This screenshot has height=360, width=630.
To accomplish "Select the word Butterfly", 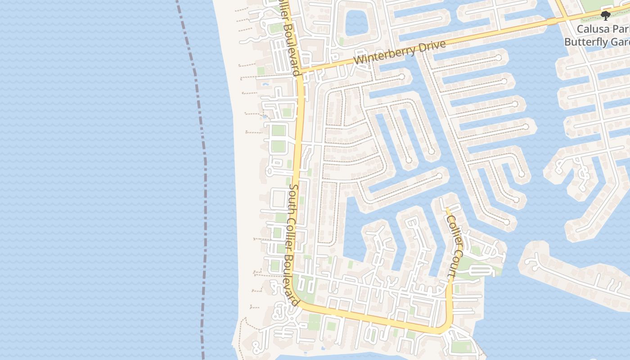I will (x=584, y=42).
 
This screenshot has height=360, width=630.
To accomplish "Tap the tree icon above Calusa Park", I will (x=605, y=16).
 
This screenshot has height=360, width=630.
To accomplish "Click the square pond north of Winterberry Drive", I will (x=356, y=22).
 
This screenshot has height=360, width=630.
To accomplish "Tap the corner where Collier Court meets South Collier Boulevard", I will (x=445, y=328).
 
